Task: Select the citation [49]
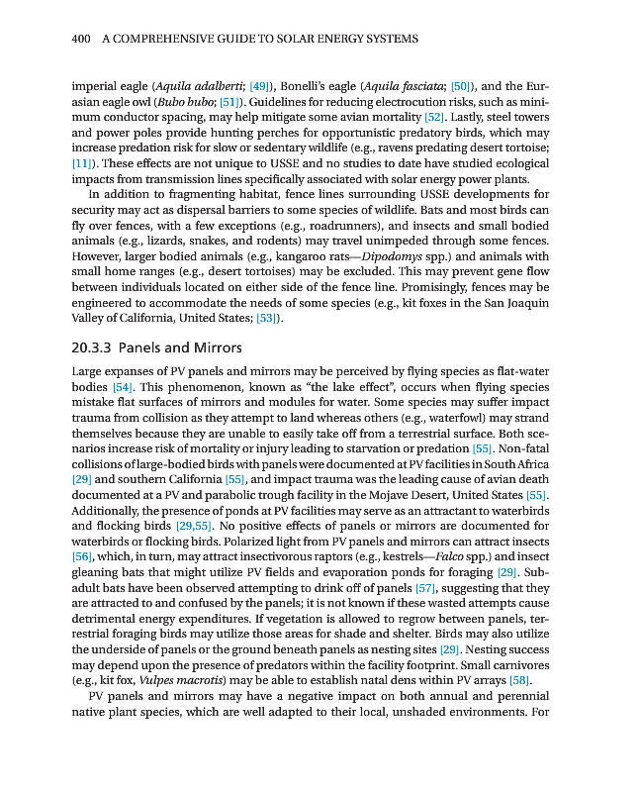tap(261, 86)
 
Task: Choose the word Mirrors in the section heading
tap(215, 347)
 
